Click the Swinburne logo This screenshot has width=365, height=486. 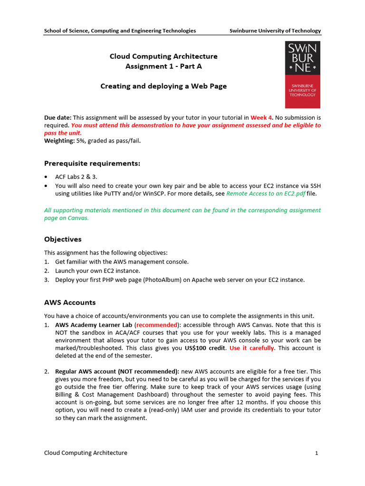point(303,75)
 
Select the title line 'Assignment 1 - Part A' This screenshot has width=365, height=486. point(163,66)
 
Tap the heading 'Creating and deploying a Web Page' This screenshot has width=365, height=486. point(163,86)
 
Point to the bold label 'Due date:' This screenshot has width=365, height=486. point(58,117)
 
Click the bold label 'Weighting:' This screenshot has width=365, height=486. point(59,140)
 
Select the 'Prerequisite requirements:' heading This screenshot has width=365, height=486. point(92,164)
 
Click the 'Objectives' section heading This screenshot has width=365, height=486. point(63,239)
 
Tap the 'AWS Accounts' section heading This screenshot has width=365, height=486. point(70,302)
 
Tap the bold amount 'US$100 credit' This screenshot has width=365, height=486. point(205,348)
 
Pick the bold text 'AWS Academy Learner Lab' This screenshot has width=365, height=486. point(94,325)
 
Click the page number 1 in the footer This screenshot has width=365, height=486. point(316,453)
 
